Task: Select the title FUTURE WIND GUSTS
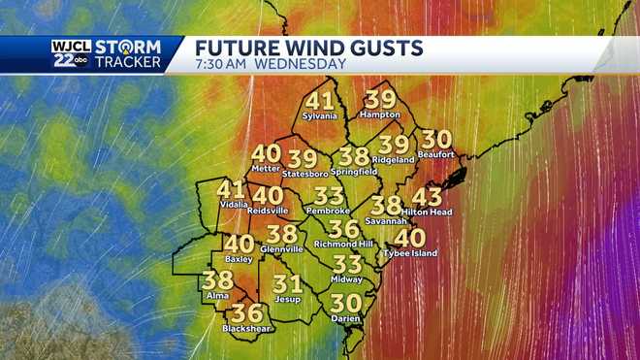click(309, 48)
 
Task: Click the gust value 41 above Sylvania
click(319, 101)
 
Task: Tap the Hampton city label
click(380, 115)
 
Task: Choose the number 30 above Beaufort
click(436, 140)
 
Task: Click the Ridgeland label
click(395, 159)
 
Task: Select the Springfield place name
click(354, 172)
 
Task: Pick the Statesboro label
click(304, 174)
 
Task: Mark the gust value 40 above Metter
click(266, 153)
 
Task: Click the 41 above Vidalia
click(231, 190)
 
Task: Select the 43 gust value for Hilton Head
click(427, 197)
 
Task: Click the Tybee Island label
click(410, 253)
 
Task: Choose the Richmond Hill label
click(343, 245)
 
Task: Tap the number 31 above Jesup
click(288, 284)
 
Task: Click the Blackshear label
click(247, 329)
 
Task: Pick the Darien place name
click(345, 318)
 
